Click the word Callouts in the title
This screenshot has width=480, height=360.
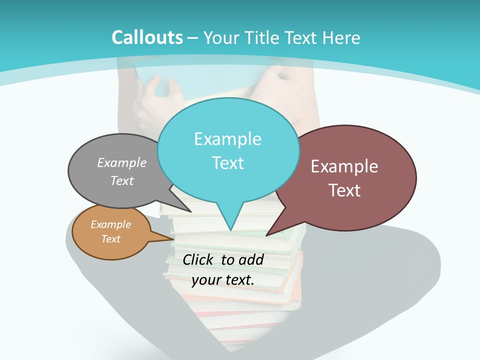click(147, 37)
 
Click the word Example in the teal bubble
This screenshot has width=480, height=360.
click(228, 139)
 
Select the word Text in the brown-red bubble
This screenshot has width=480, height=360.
click(344, 190)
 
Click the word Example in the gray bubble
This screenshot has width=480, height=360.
click(122, 162)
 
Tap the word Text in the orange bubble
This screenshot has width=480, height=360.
click(111, 239)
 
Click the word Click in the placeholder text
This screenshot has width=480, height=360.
click(199, 259)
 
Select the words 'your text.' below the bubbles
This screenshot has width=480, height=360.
click(223, 279)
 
